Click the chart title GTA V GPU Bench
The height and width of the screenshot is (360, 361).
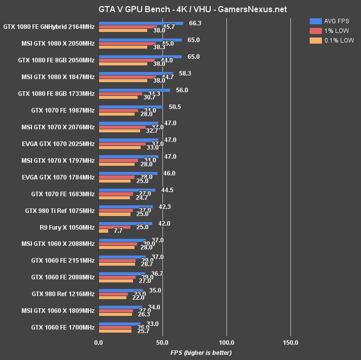180,9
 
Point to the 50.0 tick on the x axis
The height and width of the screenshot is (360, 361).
162,342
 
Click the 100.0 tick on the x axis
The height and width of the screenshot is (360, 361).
226,342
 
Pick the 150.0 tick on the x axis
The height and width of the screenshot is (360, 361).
290,342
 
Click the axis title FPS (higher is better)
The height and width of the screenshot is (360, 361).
201,353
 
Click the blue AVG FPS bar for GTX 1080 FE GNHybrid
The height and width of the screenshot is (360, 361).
141,23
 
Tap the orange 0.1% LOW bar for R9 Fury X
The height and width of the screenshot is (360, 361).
104,231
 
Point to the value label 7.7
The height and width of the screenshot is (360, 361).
118,231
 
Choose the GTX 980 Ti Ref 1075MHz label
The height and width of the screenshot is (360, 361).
60,210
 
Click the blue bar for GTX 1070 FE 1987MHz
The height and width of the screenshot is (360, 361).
131,107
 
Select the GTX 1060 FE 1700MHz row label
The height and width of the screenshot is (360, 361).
63,328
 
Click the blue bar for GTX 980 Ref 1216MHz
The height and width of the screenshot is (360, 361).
121,291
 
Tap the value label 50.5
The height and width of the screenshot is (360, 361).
175,107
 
